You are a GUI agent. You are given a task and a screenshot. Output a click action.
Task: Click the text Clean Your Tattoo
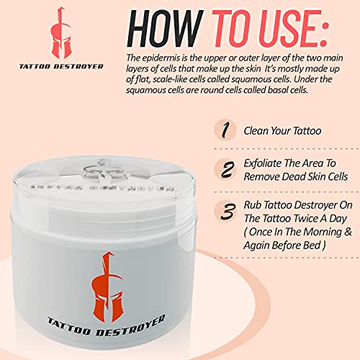pos(281,132)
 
